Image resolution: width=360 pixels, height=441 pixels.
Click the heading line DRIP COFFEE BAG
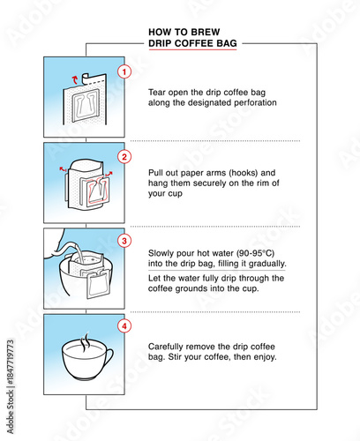(x=193, y=41)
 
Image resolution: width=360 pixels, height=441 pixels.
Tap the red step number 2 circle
(x=124, y=157)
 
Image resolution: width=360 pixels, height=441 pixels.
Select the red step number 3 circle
(x=124, y=241)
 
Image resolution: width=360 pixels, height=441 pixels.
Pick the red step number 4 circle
(x=124, y=325)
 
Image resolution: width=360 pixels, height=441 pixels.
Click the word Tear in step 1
(x=158, y=91)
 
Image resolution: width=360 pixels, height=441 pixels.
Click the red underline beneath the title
(x=193, y=49)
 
